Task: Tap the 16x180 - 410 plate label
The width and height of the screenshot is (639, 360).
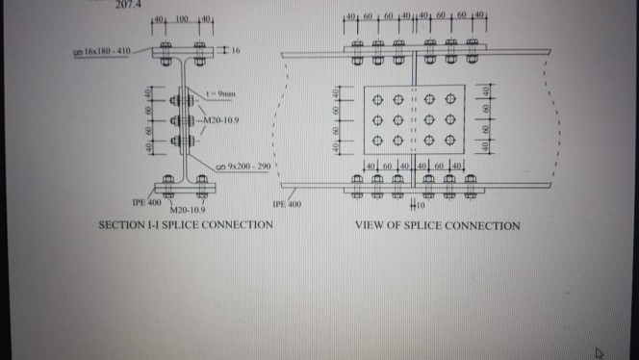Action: pyautogui.click(x=109, y=50)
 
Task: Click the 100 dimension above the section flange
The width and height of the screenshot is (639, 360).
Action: pyautogui.click(x=180, y=19)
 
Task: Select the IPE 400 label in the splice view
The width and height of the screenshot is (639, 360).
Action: pyautogui.click(x=289, y=204)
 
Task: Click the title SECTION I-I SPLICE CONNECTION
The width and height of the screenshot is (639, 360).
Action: pyautogui.click(x=186, y=225)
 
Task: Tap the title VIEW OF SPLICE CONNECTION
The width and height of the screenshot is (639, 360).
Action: pyautogui.click(x=438, y=226)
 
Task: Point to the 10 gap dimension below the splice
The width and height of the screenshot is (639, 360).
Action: pyautogui.click(x=419, y=203)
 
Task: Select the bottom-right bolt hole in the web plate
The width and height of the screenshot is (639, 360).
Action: pyautogui.click(x=450, y=141)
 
